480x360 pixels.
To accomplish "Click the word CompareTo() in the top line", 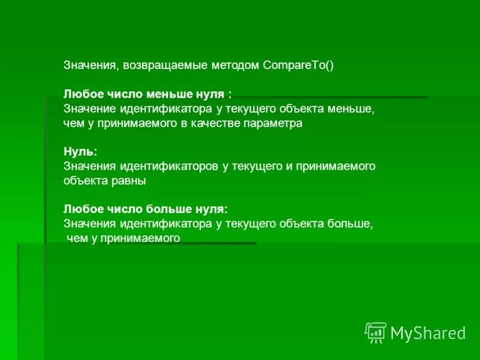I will [298, 66].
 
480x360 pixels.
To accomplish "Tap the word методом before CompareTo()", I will [235, 66].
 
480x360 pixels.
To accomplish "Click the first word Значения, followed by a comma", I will [91, 66].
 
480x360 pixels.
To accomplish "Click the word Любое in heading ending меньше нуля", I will [80, 95].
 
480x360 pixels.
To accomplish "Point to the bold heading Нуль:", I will [80, 152].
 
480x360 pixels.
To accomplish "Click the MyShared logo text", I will [428, 333].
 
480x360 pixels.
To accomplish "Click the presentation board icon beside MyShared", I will [376, 332].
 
